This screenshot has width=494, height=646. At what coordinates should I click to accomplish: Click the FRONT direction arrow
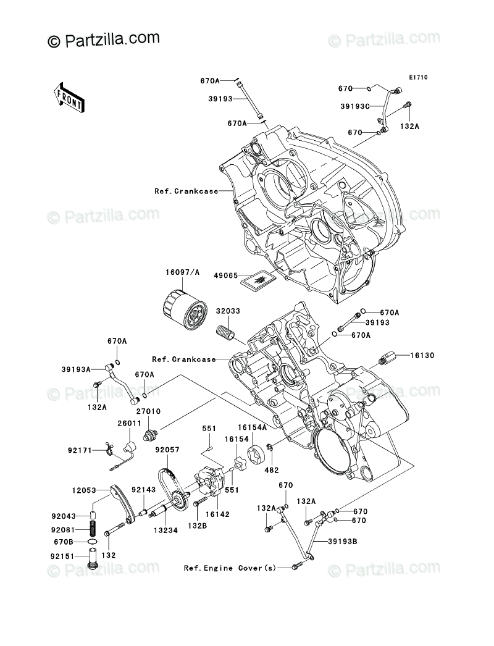click(x=69, y=96)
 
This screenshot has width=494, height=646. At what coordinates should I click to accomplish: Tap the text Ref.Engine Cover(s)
click(x=229, y=567)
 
